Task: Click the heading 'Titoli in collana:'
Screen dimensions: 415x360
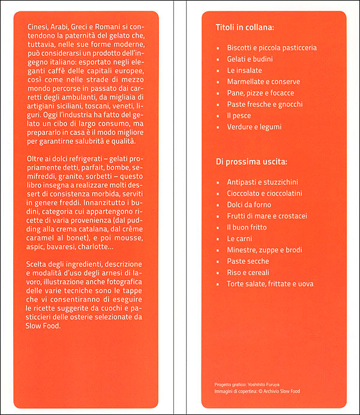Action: (245, 28)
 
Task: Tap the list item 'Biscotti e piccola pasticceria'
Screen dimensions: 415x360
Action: (272, 47)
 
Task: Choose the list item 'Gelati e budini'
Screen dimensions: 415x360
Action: (251, 59)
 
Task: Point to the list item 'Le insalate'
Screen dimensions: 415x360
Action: (244, 70)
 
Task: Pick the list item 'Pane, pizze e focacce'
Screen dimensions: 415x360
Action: (260, 93)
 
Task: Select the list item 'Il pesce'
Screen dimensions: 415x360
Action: (239, 115)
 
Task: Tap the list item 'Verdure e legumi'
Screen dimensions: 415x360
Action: (254, 127)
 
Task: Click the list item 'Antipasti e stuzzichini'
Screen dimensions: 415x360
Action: (262, 182)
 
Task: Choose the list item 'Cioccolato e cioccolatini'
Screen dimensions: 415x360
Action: (265, 193)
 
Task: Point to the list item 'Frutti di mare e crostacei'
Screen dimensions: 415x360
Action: (267, 216)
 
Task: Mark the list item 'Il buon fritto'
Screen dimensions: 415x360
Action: (247, 227)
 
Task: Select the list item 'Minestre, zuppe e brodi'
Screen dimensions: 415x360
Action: (264, 250)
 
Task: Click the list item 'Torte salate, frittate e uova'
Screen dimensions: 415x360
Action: (270, 284)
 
